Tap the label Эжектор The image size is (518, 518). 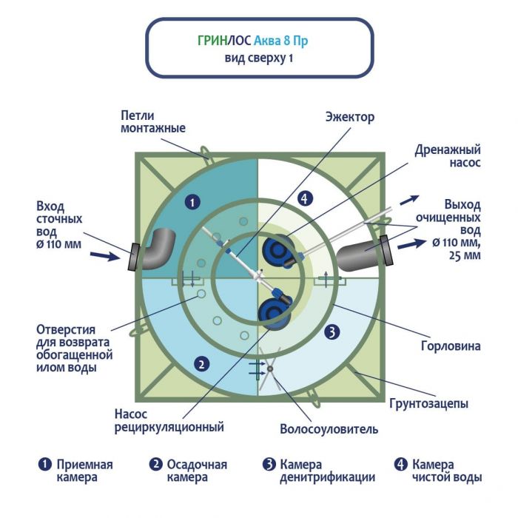tap(350, 118)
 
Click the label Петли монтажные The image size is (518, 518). tap(153, 121)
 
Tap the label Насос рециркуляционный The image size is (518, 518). tap(169, 420)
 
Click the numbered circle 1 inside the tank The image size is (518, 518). tap(192, 201)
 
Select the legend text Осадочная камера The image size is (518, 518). tap(196, 471)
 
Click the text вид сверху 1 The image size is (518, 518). tap(258, 58)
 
